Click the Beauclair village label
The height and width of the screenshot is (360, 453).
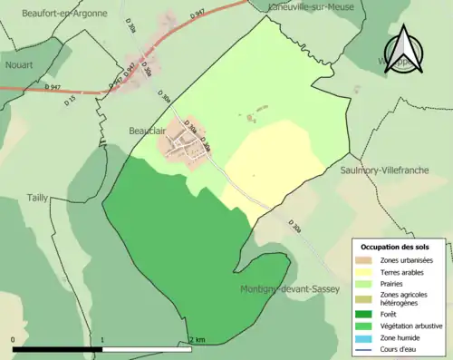(146, 131)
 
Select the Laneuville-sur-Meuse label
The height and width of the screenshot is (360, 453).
(313, 6)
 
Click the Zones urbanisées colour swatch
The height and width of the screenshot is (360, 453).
(367, 261)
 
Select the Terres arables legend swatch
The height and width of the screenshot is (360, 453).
(367, 272)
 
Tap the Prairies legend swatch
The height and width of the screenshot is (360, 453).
(367, 283)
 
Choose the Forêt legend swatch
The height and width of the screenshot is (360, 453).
(367, 314)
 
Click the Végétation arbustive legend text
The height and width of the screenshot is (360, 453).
(410, 326)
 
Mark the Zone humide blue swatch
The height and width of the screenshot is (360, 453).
(367, 336)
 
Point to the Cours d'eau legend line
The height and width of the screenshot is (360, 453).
(367, 347)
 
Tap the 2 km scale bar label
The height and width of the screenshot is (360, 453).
(197, 339)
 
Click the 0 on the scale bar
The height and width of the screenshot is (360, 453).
(14, 339)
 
